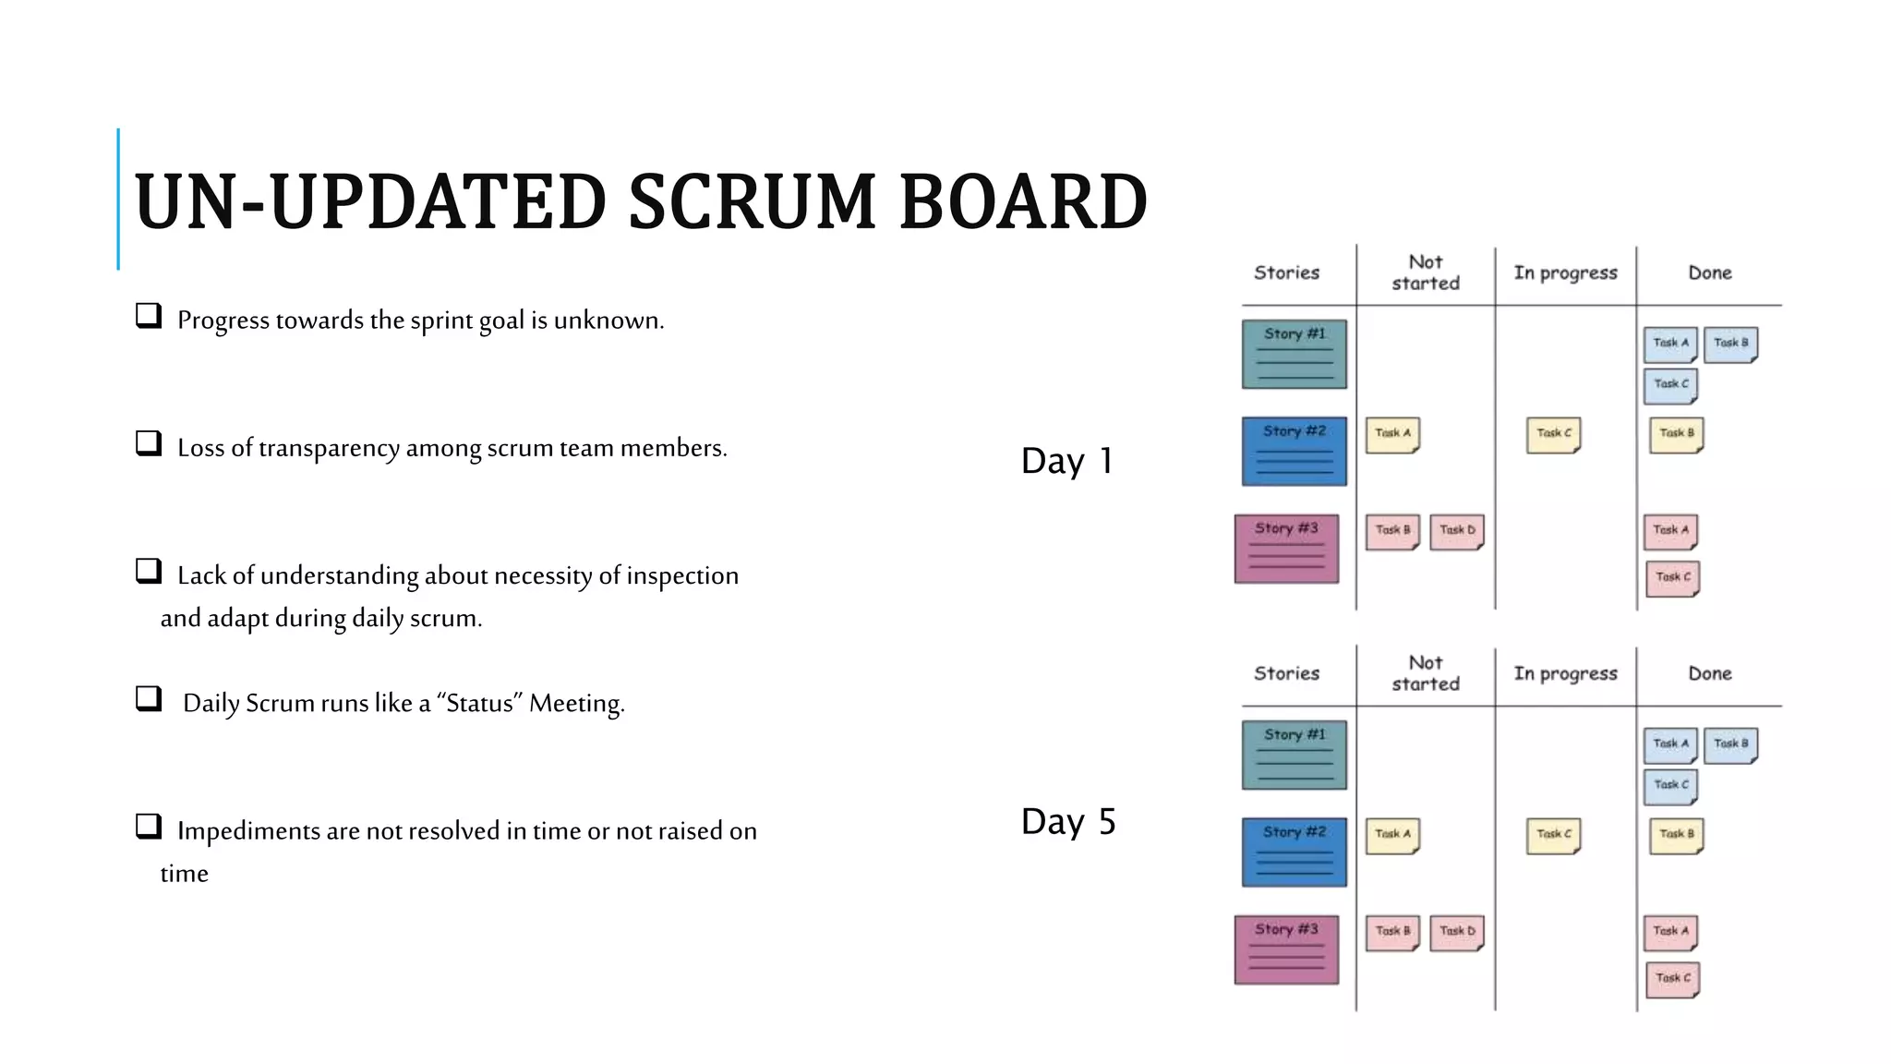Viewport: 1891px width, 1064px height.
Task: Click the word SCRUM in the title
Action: [x=753, y=202]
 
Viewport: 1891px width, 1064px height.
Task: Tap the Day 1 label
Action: [x=1067, y=461]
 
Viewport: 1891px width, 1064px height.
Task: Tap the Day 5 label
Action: [x=1068, y=821]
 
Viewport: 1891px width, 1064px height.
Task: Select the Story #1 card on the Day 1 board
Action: [x=1294, y=355]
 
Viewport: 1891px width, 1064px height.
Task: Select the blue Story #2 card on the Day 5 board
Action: [x=1294, y=852]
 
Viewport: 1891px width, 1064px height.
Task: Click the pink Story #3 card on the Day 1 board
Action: [x=1286, y=549]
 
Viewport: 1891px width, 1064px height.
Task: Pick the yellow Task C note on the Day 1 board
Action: [x=1553, y=434]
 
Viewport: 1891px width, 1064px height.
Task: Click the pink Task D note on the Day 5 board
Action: [x=1457, y=933]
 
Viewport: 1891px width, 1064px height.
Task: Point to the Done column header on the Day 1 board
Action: [x=1709, y=272]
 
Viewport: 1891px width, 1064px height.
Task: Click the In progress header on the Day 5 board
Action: [x=1565, y=673]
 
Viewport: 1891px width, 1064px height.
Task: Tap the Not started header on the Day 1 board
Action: [x=1426, y=272]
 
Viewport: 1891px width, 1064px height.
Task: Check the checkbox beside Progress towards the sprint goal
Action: [x=149, y=316]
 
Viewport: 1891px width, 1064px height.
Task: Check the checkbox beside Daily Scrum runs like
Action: [x=149, y=698]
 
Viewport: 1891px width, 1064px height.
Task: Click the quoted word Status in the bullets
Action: [x=479, y=704]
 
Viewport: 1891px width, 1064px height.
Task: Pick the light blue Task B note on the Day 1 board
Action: [x=1730, y=345]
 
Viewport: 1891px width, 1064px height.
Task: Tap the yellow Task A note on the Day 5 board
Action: [x=1391, y=836]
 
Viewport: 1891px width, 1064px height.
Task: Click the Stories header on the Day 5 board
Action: [x=1286, y=673]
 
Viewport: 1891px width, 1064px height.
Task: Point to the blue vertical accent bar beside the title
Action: [x=118, y=199]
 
